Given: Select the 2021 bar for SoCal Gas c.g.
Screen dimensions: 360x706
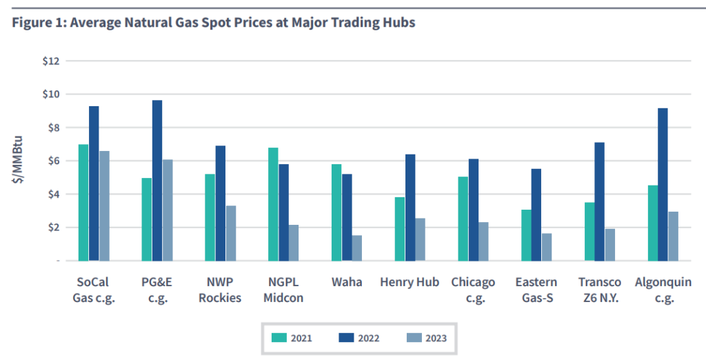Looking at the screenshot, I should click(x=83, y=203).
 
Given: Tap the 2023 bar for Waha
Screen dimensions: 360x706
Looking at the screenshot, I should click(x=357, y=248).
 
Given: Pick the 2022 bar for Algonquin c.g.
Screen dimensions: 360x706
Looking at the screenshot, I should click(x=663, y=185).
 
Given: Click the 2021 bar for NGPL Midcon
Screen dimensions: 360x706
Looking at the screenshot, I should click(x=273, y=204).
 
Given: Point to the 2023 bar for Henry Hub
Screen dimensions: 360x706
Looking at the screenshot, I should click(x=421, y=239).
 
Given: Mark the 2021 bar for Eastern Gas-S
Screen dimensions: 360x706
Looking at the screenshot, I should click(x=526, y=235).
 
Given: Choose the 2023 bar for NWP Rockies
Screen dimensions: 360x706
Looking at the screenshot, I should click(x=231, y=233).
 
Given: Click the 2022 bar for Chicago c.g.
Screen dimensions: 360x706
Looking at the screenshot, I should click(x=473, y=210).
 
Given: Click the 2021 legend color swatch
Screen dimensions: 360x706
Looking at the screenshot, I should click(x=279, y=338).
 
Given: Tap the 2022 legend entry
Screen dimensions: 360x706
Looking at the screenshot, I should click(x=359, y=338).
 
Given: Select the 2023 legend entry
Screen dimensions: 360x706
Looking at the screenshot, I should click(x=427, y=338).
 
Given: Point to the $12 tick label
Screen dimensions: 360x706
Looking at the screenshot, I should click(x=50, y=61).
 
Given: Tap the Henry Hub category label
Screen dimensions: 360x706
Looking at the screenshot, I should click(x=410, y=283).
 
